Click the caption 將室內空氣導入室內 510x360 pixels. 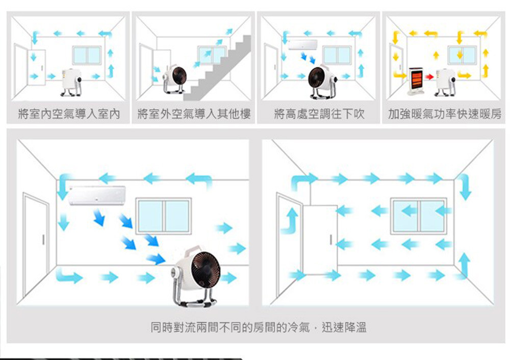69,114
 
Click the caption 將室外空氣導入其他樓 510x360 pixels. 194,114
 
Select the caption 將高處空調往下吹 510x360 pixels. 319,114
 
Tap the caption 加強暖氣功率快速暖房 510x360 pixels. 444,114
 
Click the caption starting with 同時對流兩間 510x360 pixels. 259,327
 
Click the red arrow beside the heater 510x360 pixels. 429,77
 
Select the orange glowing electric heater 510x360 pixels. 416,81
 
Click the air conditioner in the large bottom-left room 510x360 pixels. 97,195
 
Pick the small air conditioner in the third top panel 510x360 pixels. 302,44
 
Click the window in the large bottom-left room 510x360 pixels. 164,216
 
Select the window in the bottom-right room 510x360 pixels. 419,216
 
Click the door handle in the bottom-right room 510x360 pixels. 331,239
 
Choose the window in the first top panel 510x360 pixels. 87,55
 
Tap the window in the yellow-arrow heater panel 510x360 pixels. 462,55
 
